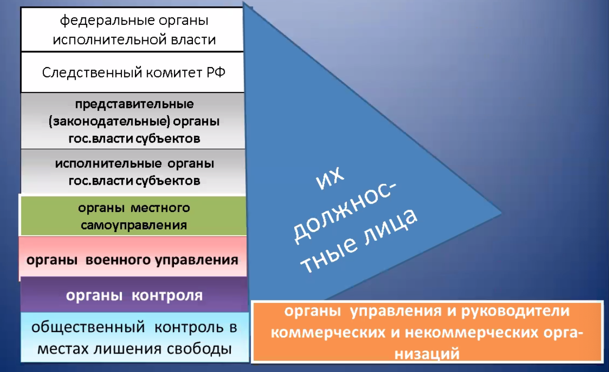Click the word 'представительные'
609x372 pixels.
pos(134,104)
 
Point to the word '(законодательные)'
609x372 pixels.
pos(109,121)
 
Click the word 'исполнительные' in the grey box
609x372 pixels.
pos(108,163)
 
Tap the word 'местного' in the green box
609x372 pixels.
pos(160,208)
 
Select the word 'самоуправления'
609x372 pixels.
pos(134,225)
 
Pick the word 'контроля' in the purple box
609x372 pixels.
pos(167,295)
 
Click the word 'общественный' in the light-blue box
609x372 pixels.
pos(88,327)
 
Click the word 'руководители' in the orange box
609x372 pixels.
pos(515,311)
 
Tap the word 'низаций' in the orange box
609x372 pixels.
pos(427,354)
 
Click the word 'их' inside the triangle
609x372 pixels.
pos(330,178)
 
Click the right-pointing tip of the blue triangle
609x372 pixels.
pos(501,213)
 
